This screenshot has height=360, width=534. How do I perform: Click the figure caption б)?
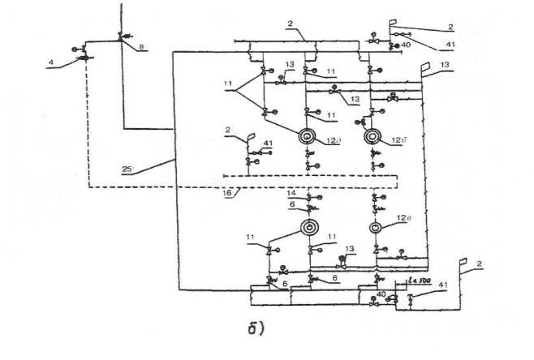(x=258, y=328)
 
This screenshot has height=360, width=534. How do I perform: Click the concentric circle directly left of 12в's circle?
(x=308, y=228)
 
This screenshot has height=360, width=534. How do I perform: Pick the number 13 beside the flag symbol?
(x=443, y=64)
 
